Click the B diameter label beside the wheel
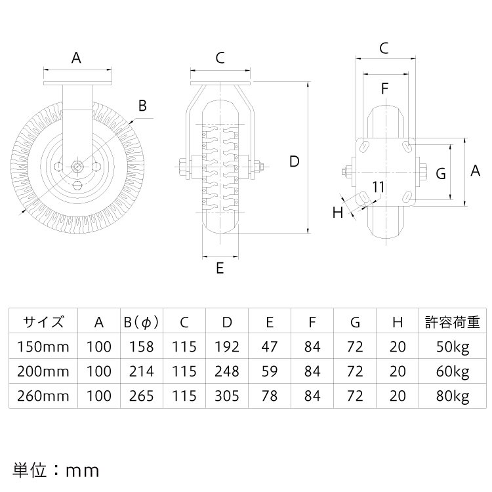[x=142, y=106]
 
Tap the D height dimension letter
[x=295, y=161]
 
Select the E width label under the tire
[x=220, y=268]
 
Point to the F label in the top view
[x=384, y=89]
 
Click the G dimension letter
[x=441, y=174]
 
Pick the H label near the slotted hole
[x=338, y=213]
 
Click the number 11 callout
[x=378, y=188]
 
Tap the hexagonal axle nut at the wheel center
[x=77, y=166]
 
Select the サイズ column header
[x=43, y=322]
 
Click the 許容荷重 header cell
[x=453, y=322]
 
